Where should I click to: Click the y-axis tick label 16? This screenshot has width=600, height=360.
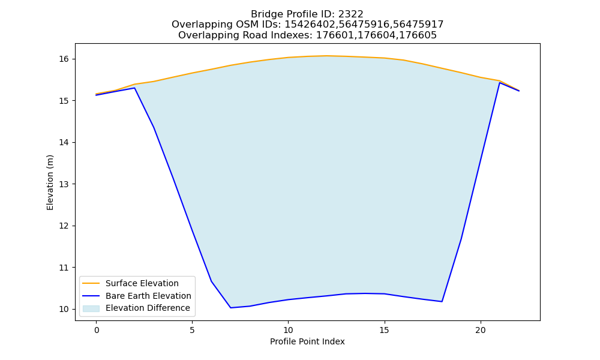[x=64, y=59]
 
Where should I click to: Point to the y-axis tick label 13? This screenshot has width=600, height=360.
[x=64, y=184]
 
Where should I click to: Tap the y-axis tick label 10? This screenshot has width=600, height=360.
[x=64, y=309]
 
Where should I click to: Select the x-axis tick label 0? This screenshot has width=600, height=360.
[x=97, y=330]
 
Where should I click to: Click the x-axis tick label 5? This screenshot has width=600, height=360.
[x=192, y=330]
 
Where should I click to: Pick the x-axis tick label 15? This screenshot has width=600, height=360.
[x=384, y=330]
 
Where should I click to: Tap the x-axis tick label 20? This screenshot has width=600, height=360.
[x=480, y=330]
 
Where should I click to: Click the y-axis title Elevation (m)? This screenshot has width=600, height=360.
[x=50, y=182]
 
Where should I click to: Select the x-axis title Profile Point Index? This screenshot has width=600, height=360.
[x=307, y=341]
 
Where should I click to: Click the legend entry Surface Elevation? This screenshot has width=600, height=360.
[x=142, y=283]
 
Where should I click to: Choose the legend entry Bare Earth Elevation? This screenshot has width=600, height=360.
[x=148, y=296]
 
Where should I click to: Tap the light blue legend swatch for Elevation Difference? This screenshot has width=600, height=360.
[x=91, y=308]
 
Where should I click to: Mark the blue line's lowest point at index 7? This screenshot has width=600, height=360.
[x=231, y=308]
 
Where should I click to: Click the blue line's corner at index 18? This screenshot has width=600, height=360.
[x=442, y=301]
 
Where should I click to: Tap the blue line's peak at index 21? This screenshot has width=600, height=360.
[x=499, y=83]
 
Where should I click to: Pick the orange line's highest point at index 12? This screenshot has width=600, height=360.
[x=326, y=56]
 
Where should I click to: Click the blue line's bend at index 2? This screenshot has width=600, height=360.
[x=134, y=88]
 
